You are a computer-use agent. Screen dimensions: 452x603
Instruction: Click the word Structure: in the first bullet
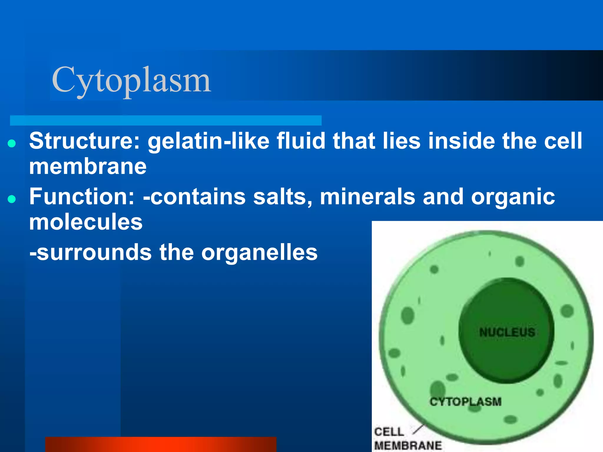85,141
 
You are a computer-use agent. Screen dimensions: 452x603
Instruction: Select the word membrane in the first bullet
88,167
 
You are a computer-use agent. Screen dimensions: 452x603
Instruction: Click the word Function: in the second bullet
82,197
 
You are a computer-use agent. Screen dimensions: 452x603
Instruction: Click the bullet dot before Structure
12,144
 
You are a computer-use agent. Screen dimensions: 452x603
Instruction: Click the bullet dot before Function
12,199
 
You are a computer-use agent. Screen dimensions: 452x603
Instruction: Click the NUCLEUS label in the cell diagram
507,333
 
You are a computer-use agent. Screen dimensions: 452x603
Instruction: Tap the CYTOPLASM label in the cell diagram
465,402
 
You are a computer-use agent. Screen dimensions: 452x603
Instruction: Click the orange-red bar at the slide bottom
161,444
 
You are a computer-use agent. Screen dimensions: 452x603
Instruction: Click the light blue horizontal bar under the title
165,120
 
